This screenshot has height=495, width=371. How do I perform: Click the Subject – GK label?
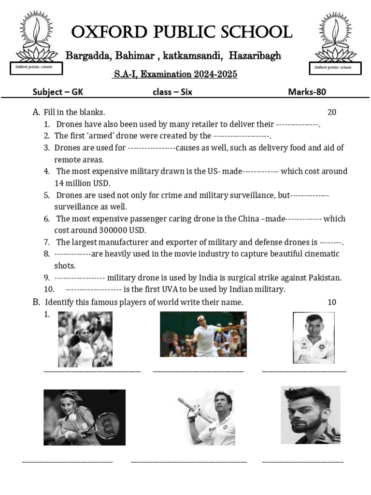[x=54, y=92]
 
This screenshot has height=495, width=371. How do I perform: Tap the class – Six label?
[x=172, y=92]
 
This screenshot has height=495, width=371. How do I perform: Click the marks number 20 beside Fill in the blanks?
[x=331, y=112]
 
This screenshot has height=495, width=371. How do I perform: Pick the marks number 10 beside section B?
[x=331, y=302]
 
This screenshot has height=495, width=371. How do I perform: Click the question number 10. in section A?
[x=49, y=289]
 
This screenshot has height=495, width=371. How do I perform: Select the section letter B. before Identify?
[x=36, y=302]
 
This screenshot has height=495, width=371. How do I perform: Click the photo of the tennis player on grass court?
[x=203, y=334]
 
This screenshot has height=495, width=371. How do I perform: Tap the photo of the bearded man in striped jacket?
[x=310, y=415]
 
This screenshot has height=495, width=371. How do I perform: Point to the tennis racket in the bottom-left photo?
[x=107, y=425]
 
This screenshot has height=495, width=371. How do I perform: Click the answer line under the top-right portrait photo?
[x=304, y=371]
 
